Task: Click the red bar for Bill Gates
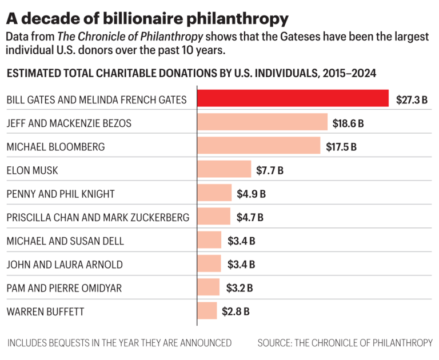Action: [293, 99]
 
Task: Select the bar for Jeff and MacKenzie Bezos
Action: [262, 122]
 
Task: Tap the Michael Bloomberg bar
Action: [258, 146]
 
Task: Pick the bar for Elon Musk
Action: [224, 170]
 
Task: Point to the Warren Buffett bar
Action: [207, 311]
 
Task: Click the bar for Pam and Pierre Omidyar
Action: [208, 287]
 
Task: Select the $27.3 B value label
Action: [412, 99]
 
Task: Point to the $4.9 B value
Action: [252, 194]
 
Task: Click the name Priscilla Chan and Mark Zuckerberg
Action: [97, 217]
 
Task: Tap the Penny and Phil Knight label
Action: [61, 194]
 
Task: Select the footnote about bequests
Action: [119, 343]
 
